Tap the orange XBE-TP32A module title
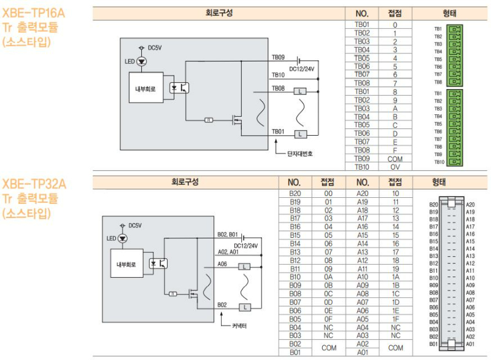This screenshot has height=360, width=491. pos(34,184)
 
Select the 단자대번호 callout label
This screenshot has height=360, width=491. pos(299,154)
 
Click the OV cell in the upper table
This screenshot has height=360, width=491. pos(395,166)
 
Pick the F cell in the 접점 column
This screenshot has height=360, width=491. pos(395,149)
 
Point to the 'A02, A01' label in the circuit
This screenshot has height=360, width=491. pos(228,251)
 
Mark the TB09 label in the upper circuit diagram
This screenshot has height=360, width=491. pos(278,57)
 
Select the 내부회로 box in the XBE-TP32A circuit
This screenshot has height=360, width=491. pos(126,264)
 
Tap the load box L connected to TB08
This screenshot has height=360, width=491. pos(300,92)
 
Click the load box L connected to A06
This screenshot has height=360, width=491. pos(244,266)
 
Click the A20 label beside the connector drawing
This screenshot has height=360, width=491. pos(470,205)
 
